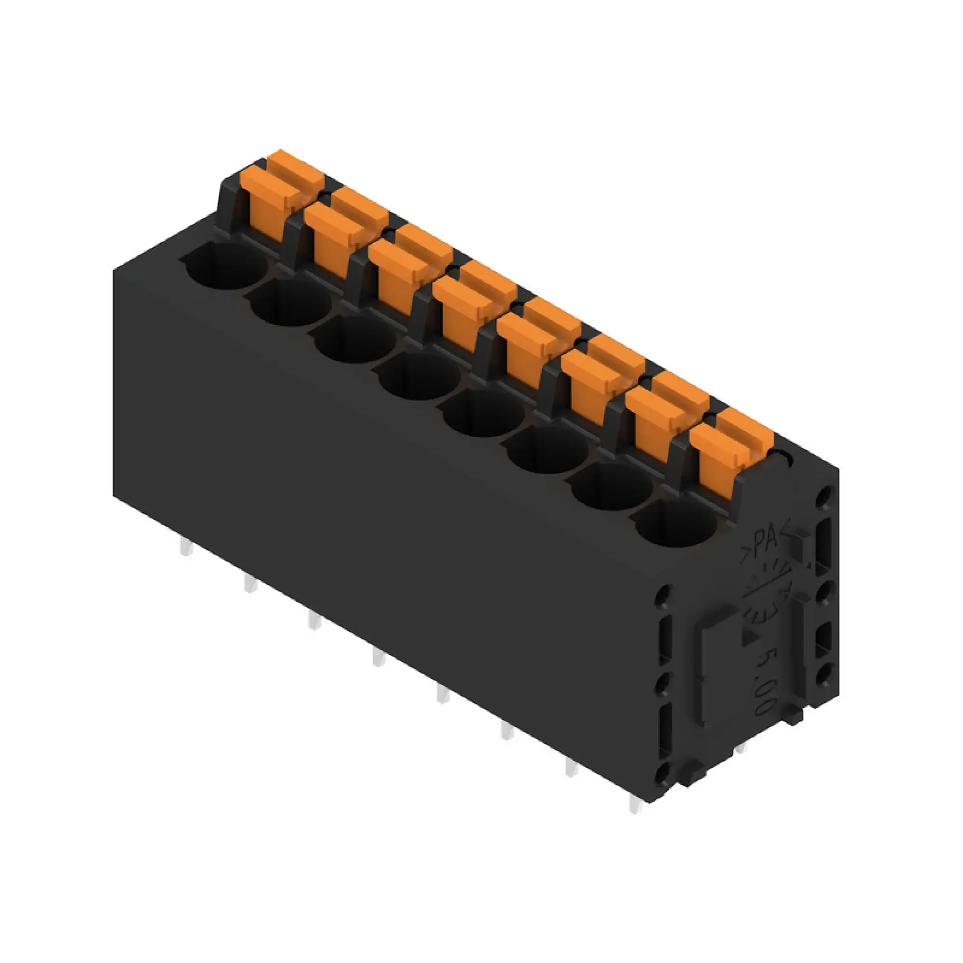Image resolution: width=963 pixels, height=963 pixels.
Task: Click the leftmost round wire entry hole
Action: [x=225, y=267]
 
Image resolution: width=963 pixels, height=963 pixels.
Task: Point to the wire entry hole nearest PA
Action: [x=676, y=523]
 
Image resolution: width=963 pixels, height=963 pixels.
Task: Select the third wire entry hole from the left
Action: [x=355, y=340]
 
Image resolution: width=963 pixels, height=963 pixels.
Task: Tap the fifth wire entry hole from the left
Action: [x=483, y=413]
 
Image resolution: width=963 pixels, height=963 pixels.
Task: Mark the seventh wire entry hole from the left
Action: [x=612, y=486]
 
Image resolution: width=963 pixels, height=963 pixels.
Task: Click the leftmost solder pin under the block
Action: [x=186, y=548]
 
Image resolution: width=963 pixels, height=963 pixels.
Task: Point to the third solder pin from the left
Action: [x=314, y=621]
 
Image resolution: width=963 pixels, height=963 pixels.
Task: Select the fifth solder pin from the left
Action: [x=442, y=694]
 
